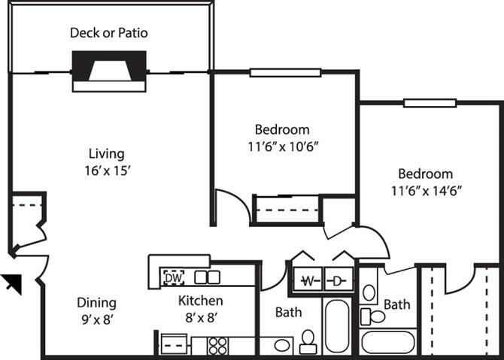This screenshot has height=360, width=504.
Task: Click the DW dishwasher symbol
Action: (173, 277)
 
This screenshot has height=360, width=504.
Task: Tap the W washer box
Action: (307, 280)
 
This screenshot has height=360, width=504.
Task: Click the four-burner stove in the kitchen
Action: (217, 346)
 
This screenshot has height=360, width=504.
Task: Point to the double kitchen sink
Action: (207, 277)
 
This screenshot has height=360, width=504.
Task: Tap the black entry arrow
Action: (11, 283)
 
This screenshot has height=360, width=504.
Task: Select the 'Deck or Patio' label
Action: (109, 32)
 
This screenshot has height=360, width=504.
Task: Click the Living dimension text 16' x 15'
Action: (109, 171)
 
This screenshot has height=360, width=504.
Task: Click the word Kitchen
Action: (200, 301)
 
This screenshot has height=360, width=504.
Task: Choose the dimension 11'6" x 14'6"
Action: (425, 190)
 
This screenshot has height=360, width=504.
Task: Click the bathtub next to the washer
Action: (337, 326)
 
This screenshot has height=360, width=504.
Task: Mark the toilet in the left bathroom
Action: (308, 342)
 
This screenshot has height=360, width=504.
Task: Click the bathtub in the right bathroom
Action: (387, 342)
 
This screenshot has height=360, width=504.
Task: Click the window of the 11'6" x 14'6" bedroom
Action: (430, 103)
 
